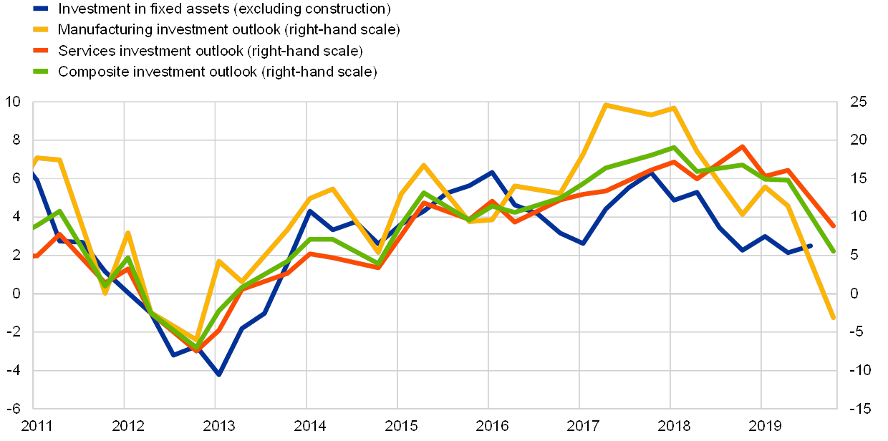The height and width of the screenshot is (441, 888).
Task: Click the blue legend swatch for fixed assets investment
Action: [41, 9]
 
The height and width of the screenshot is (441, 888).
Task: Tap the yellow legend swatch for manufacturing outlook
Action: [41, 30]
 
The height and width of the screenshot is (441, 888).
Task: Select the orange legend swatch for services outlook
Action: [41, 51]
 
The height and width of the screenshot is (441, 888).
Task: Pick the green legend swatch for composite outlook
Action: [41, 72]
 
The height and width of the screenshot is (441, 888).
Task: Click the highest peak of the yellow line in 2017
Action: [606, 105]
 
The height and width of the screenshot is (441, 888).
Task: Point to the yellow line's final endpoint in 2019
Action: [834, 318]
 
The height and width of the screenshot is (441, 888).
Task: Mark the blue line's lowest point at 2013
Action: [218, 374]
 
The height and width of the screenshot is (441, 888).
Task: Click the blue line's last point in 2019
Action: [811, 245]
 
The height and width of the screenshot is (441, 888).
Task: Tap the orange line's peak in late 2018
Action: [743, 146]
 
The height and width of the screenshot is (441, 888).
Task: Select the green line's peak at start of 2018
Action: [674, 147]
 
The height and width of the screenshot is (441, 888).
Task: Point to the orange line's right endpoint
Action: [834, 226]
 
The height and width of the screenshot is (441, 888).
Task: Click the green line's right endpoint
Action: [834, 252]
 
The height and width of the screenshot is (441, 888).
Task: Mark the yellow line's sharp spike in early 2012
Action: [127, 233]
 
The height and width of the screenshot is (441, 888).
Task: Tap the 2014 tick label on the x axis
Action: [307, 427]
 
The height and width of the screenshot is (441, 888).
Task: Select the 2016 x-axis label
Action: [489, 427]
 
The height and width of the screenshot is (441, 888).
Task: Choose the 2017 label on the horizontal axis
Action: [580, 427]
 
